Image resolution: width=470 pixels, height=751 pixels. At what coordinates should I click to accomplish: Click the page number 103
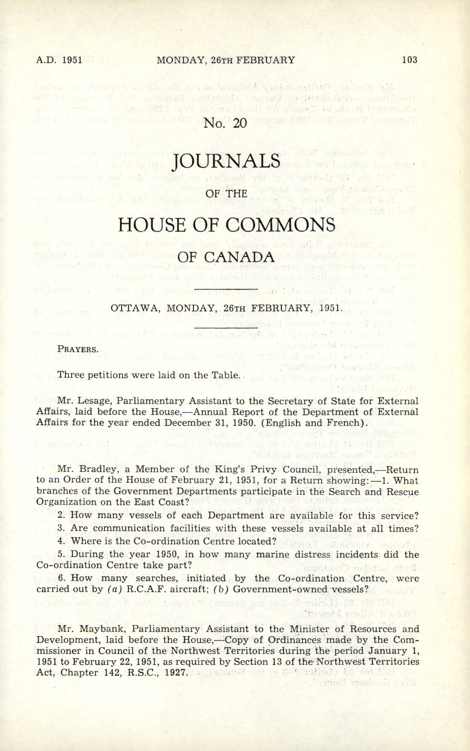[x=409, y=60]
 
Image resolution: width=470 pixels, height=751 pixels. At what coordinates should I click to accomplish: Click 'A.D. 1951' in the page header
[x=59, y=60]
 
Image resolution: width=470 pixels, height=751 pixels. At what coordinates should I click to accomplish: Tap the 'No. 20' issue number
[x=225, y=124]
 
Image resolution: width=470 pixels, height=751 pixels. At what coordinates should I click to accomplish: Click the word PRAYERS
[x=78, y=349]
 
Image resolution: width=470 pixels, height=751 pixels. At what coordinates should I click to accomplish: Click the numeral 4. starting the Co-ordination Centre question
[x=61, y=541]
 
